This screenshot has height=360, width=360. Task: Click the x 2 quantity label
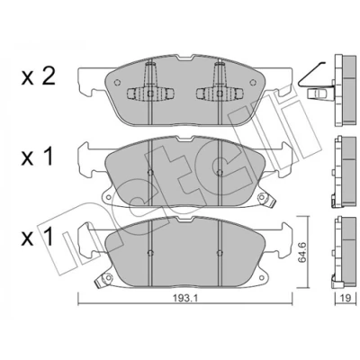[38, 77]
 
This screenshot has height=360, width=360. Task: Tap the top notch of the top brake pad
[184, 58]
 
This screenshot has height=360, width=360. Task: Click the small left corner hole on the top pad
[117, 82]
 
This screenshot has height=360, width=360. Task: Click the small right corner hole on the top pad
[254, 82]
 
